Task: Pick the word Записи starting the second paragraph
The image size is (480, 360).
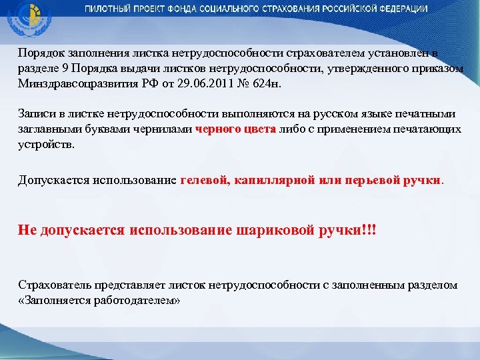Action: tap(36, 115)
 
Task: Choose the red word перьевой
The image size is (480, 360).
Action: tap(373, 180)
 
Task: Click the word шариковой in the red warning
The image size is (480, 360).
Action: tap(273, 230)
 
